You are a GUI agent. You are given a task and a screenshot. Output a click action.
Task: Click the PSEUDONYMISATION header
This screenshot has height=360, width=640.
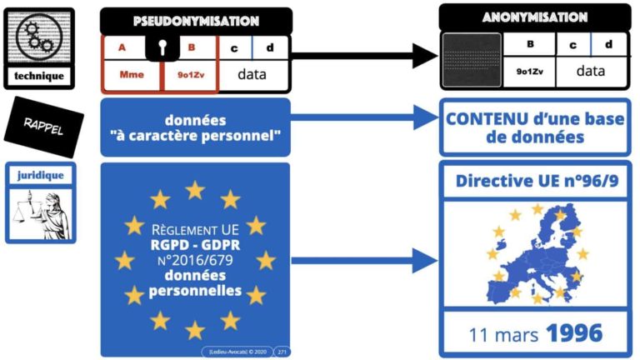pyautogui.click(x=196, y=21)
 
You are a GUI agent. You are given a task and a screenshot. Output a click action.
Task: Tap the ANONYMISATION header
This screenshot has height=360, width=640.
pyautogui.click(x=534, y=17)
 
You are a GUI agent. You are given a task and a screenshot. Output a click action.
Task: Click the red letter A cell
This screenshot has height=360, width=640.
pyautogui.click(x=122, y=47)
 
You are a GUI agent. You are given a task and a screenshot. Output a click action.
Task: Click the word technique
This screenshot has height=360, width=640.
pyautogui.click(x=39, y=77)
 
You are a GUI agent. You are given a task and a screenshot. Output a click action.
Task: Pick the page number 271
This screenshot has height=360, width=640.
pyautogui.click(x=281, y=352)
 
